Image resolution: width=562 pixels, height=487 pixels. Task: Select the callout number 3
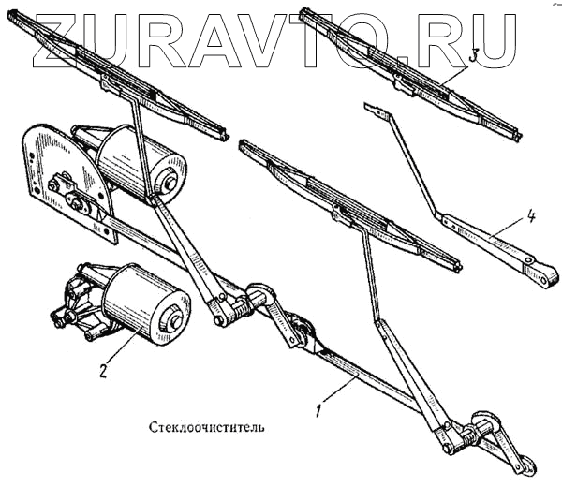[x=474, y=57]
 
